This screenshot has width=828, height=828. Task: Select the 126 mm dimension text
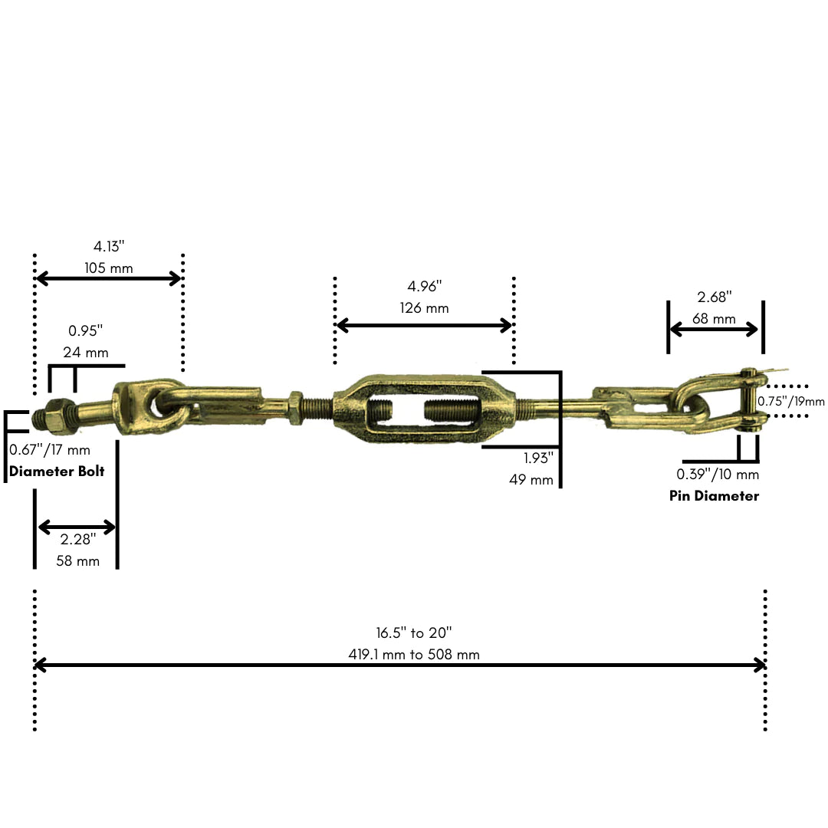pyautogui.click(x=424, y=308)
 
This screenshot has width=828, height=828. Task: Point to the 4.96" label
pyautogui.click(x=425, y=286)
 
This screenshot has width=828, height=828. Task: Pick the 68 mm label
pyautogui.click(x=714, y=318)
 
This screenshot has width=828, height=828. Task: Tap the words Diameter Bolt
pyautogui.click(x=57, y=471)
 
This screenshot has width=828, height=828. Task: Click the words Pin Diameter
pyautogui.click(x=714, y=496)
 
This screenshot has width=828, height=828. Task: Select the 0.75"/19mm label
pyautogui.click(x=790, y=401)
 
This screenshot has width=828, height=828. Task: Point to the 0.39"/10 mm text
pyautogui.click(x=717, y=475)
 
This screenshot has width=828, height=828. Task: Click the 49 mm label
pyautogui.click(x=531, y=480)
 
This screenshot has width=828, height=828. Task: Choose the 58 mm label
pyautogui.click(x=77, y=560)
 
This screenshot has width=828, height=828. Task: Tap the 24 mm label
pyautogui.click(x=85, y=353)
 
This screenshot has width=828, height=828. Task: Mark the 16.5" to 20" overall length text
pyautogui.click(x=414, y=633)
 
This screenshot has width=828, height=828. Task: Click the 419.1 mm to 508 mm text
pyautogui.click(x=414, y=655)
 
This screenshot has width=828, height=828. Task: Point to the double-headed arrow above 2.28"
pyautogui.click(x=77, y=527)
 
